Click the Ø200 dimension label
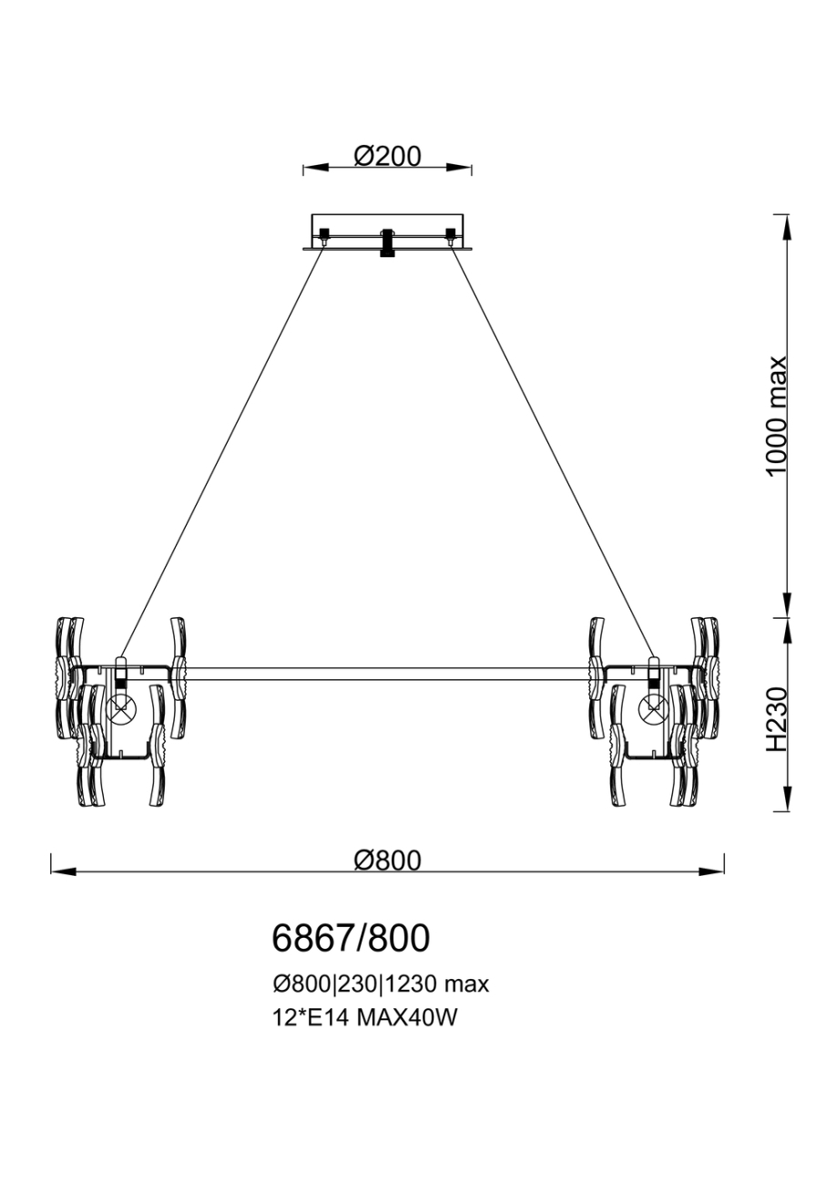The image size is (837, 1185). tap(387, 156)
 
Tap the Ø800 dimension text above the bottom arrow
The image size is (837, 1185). tap(387, 860)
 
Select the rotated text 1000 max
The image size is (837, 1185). tap(776, 416)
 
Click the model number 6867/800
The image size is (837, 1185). tap(351, 937)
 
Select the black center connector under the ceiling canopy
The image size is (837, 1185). tap(387, 242)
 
